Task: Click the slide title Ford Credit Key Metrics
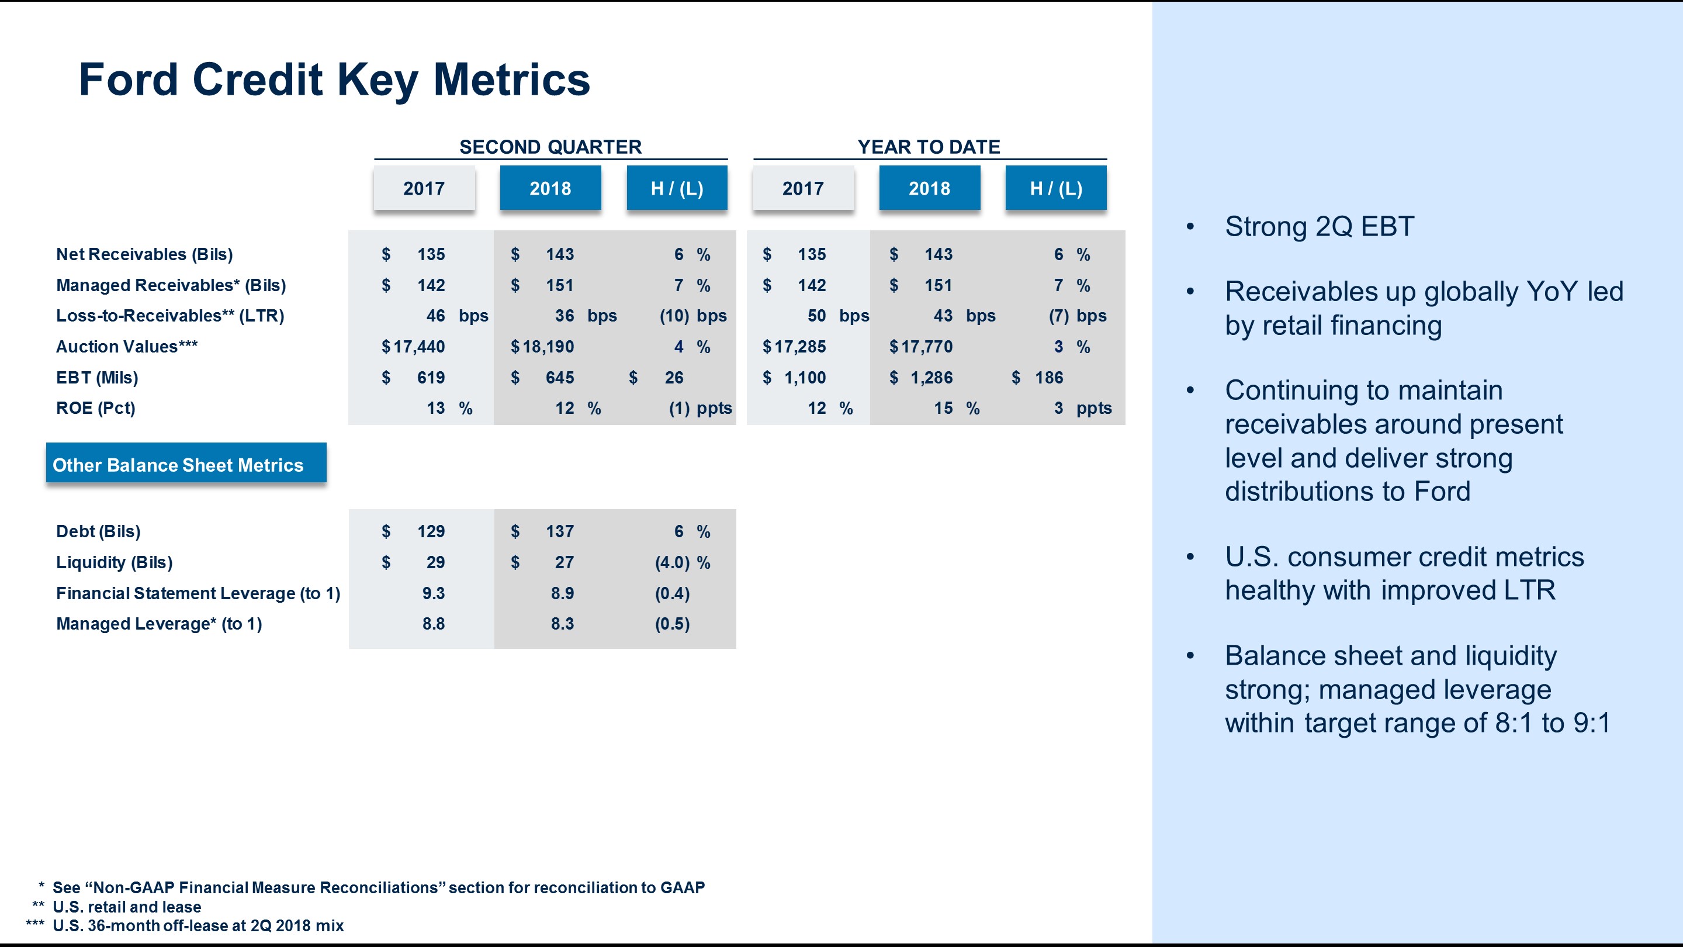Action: pos(334,80)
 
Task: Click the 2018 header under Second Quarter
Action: pos(550,188)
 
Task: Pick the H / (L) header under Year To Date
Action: pos(1056,188)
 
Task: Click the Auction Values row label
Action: pos(127,347)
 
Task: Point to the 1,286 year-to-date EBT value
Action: pos(931,377)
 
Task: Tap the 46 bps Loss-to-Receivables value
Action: pos(436,316)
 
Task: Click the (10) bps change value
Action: pos(674,316)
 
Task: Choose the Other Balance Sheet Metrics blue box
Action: pos(186,464)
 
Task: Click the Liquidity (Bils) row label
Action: pos(115,562)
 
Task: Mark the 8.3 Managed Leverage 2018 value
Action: pos(562,624)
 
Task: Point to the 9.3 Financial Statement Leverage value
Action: pos(433,593)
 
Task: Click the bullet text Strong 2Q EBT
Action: pos(1319,227)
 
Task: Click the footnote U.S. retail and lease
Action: pos(127,907)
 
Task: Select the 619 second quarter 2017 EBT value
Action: pos(431,377)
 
